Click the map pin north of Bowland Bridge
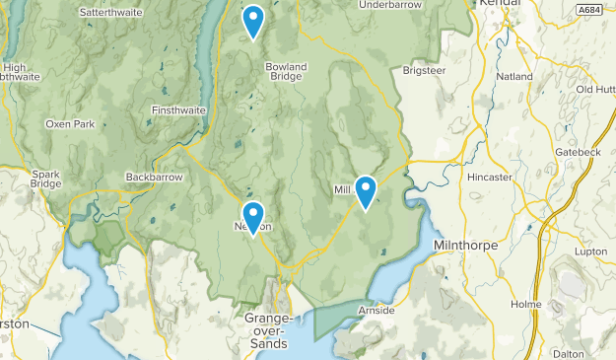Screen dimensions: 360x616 [253, 21]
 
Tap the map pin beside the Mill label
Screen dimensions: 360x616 [366, 191]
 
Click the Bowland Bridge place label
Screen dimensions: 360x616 [286, 71]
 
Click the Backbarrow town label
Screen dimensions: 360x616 [150, 178]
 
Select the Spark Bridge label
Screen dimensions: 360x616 [45, 180]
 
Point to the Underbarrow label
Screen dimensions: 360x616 [390, 5]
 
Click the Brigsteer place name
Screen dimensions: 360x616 [426, 71]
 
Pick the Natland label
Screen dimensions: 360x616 [515, 76]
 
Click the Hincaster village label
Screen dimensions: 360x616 [491, 178]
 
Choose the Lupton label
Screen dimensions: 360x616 [591, 252]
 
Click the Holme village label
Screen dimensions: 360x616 [526, 305]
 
